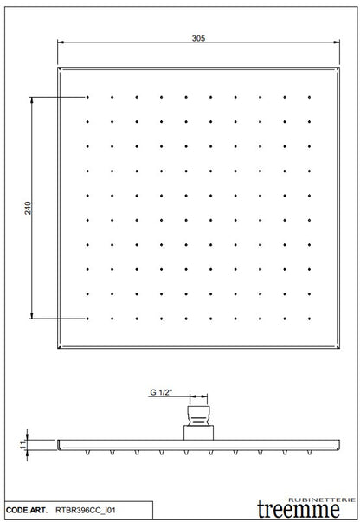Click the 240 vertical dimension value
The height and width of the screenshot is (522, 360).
28,208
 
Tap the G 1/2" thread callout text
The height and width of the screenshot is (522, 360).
161,393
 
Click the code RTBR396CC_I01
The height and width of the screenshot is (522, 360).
86,512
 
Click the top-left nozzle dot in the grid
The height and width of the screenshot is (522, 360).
88,97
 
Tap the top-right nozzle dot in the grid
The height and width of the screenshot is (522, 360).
309,97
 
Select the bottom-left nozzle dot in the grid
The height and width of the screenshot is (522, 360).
88,319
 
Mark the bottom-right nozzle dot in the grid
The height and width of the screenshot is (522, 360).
309,319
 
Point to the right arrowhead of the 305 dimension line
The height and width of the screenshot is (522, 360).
336,45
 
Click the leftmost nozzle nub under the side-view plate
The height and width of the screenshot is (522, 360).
88,452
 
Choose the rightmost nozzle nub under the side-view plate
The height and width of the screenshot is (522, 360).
309,452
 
